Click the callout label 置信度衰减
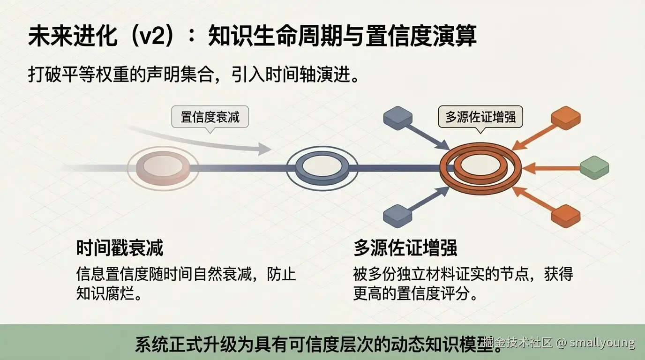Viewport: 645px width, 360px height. click(210, 116)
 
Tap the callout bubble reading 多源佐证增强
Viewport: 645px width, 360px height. click(480, 116)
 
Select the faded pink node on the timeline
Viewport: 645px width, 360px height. click(163, 167)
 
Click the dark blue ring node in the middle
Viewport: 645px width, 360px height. click(322, 167)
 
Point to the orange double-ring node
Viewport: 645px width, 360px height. click(480, 166)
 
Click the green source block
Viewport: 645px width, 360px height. click(594, 167)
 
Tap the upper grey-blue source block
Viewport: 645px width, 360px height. click(397, 117)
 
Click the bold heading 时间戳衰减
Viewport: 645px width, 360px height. click(120, 248)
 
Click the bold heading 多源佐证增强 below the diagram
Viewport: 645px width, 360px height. click(405, 248)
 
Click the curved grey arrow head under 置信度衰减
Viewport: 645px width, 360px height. click(265, 149)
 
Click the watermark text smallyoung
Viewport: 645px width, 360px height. click(602, 343)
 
